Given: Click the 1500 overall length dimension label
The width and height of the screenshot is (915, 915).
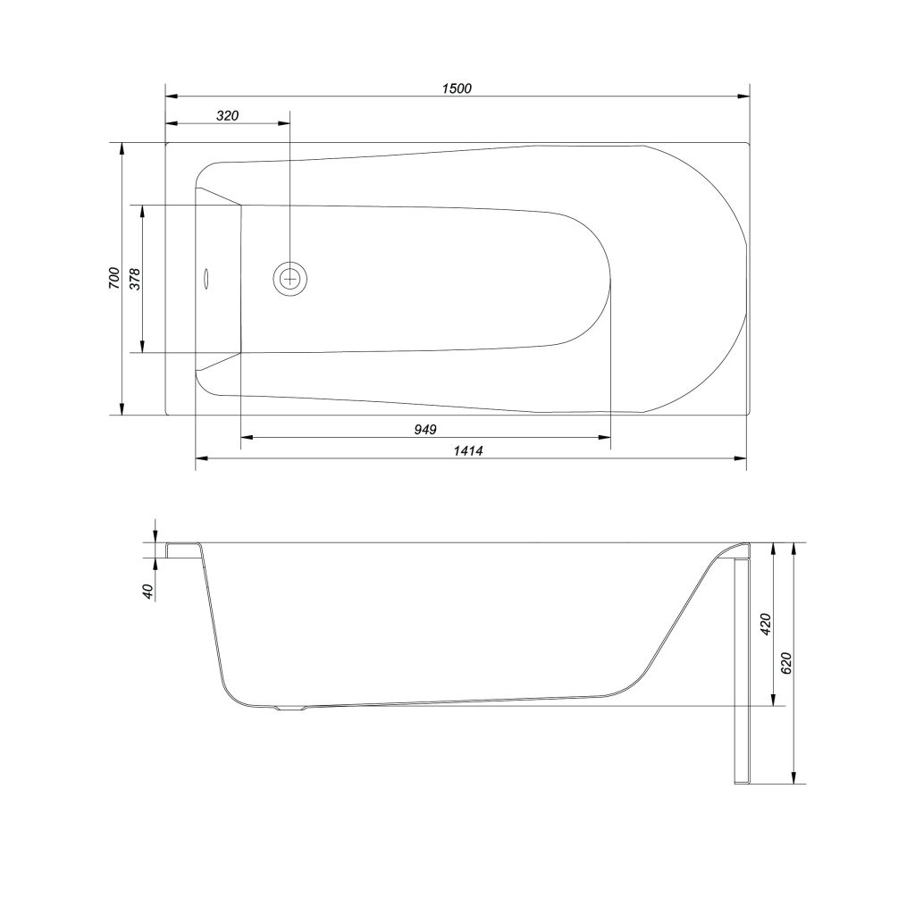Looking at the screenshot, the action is click(457, 88).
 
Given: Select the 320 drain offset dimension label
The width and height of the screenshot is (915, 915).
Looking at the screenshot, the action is click(228, 115).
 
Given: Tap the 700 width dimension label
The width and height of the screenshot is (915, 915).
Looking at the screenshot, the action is click(113, 279).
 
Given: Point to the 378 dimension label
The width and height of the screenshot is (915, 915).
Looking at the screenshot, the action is click(135, 279).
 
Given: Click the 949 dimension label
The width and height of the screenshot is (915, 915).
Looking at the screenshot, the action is click(425, 430).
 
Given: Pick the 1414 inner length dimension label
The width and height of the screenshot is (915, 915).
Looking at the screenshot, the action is click(468, 450).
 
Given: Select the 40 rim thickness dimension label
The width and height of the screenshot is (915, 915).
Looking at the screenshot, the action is click(147, 592).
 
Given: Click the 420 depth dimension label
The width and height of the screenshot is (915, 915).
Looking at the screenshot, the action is click(766, 625).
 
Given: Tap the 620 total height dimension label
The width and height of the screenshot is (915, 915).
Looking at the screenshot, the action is click(786, 664).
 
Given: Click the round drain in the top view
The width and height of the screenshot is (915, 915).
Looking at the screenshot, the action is click(290, 279).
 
